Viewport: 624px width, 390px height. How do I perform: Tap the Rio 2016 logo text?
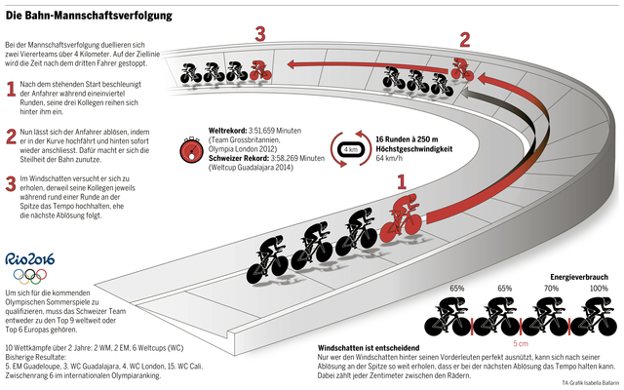tap(30, 259)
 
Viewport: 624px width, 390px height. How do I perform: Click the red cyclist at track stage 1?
tap(402, 216)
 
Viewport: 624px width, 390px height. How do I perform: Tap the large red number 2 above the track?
tap(464, 40)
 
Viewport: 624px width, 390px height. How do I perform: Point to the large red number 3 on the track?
tap(259, 34)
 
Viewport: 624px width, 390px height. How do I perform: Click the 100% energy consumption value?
tap(598, 289)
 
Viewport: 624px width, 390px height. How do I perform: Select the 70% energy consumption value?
tap(551, 289)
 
